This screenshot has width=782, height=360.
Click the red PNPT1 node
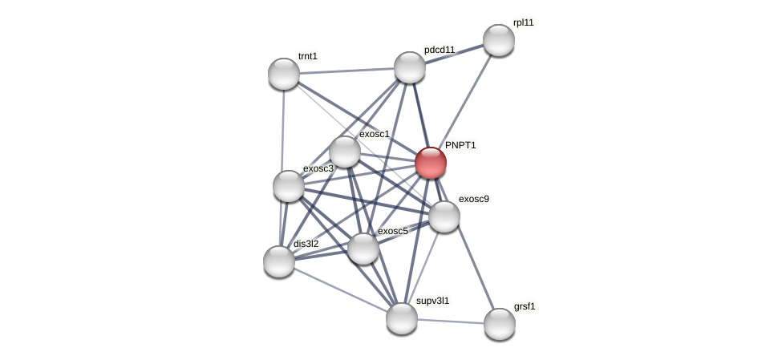[x=431, y=162]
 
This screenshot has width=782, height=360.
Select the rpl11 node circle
[x=498, y=40]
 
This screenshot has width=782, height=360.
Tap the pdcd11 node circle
[x=410, y=67]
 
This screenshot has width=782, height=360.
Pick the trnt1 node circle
[x=284, y=74]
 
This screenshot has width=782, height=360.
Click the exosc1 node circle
[x=345, y=152]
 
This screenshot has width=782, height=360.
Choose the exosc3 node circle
[x=289, y=186]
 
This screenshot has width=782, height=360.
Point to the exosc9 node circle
[x=444, y=216]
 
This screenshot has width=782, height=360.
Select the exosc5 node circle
[x=363, y=249]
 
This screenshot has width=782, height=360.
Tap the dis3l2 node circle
[x=279, y=261]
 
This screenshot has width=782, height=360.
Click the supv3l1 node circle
[x=402, y=318]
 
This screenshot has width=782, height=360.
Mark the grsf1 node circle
[x=499, y=324]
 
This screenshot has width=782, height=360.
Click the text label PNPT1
[x=460, y=145]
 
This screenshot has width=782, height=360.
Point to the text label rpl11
[x=523, y=22]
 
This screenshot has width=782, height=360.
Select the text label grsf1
[x=525, y=305]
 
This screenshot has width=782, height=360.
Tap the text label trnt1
[x=308, y=56]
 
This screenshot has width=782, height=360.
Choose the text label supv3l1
[x=432, y=301]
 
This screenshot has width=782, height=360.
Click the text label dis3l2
[x=306, y=244]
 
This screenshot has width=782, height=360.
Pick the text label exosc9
[x=473, y=198]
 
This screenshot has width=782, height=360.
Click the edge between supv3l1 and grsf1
[x=450, y=321]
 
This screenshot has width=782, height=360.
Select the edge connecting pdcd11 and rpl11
[x=454, y=54]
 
